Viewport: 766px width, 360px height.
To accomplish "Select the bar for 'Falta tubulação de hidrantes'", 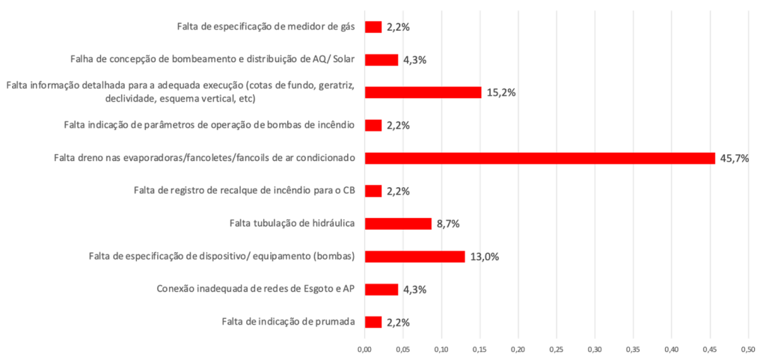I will pos(398,224).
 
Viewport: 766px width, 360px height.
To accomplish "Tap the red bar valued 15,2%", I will pos(423,93).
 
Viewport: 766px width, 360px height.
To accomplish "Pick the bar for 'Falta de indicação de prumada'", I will pos(373,322).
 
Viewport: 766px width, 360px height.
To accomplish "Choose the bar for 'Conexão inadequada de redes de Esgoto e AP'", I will pos(382,289).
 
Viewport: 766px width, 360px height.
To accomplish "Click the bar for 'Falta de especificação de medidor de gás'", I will pos(373,27).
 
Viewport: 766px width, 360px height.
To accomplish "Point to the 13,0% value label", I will pos(485,257).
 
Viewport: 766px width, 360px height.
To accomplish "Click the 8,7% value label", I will pos(447,224).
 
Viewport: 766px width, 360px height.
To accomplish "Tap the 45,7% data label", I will pos(734,158).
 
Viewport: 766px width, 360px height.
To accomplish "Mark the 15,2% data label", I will pos(501,93).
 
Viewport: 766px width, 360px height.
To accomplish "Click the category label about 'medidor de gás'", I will pos(266,27).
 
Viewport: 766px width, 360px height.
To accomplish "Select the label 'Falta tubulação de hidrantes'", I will pos(292,224).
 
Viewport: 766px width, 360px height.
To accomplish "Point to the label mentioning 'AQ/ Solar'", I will pos(212,60).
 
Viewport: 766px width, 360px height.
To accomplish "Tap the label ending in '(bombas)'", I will pos(221,257).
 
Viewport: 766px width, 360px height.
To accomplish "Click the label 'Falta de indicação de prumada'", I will pos(288,322).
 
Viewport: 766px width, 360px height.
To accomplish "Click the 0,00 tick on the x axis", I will pos(364,349).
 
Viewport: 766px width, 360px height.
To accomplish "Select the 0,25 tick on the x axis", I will pos(556,349).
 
